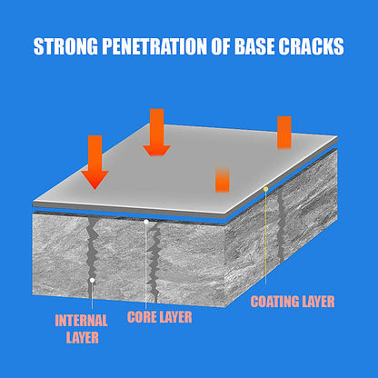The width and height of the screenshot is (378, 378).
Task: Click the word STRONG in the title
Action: coord(66,46)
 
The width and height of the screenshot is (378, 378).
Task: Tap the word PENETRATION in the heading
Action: coord(154,46)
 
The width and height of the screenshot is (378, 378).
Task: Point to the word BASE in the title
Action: coord(255,46)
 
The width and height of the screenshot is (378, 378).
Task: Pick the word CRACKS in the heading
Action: coord(311,46)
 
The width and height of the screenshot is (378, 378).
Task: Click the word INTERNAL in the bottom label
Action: coord(81,321)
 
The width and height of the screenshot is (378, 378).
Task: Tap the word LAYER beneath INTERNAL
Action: coord(83,337)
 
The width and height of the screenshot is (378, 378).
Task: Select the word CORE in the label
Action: coord(142,317)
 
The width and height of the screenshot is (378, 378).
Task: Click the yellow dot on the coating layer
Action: coord(266,189)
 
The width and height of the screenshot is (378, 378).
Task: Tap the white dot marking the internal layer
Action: coord(93,281)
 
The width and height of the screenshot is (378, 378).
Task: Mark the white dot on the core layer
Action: coord(146,222)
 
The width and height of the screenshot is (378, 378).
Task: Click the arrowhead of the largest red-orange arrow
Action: coord(94,180)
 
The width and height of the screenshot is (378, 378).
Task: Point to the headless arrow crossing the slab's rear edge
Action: coord(284,133)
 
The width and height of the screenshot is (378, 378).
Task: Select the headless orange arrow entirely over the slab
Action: coord(223,179)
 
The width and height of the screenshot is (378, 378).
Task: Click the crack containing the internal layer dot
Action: coord(92,257)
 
